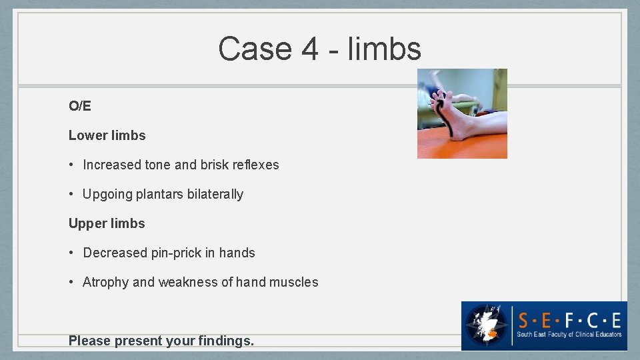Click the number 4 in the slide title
click(309, 49)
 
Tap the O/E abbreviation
click(79, 106)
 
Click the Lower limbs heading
click(107, 135)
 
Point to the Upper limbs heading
click(107, 223)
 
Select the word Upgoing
click(107, 195)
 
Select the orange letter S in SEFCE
click(525, 318)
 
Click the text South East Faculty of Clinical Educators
click(569, 335)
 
